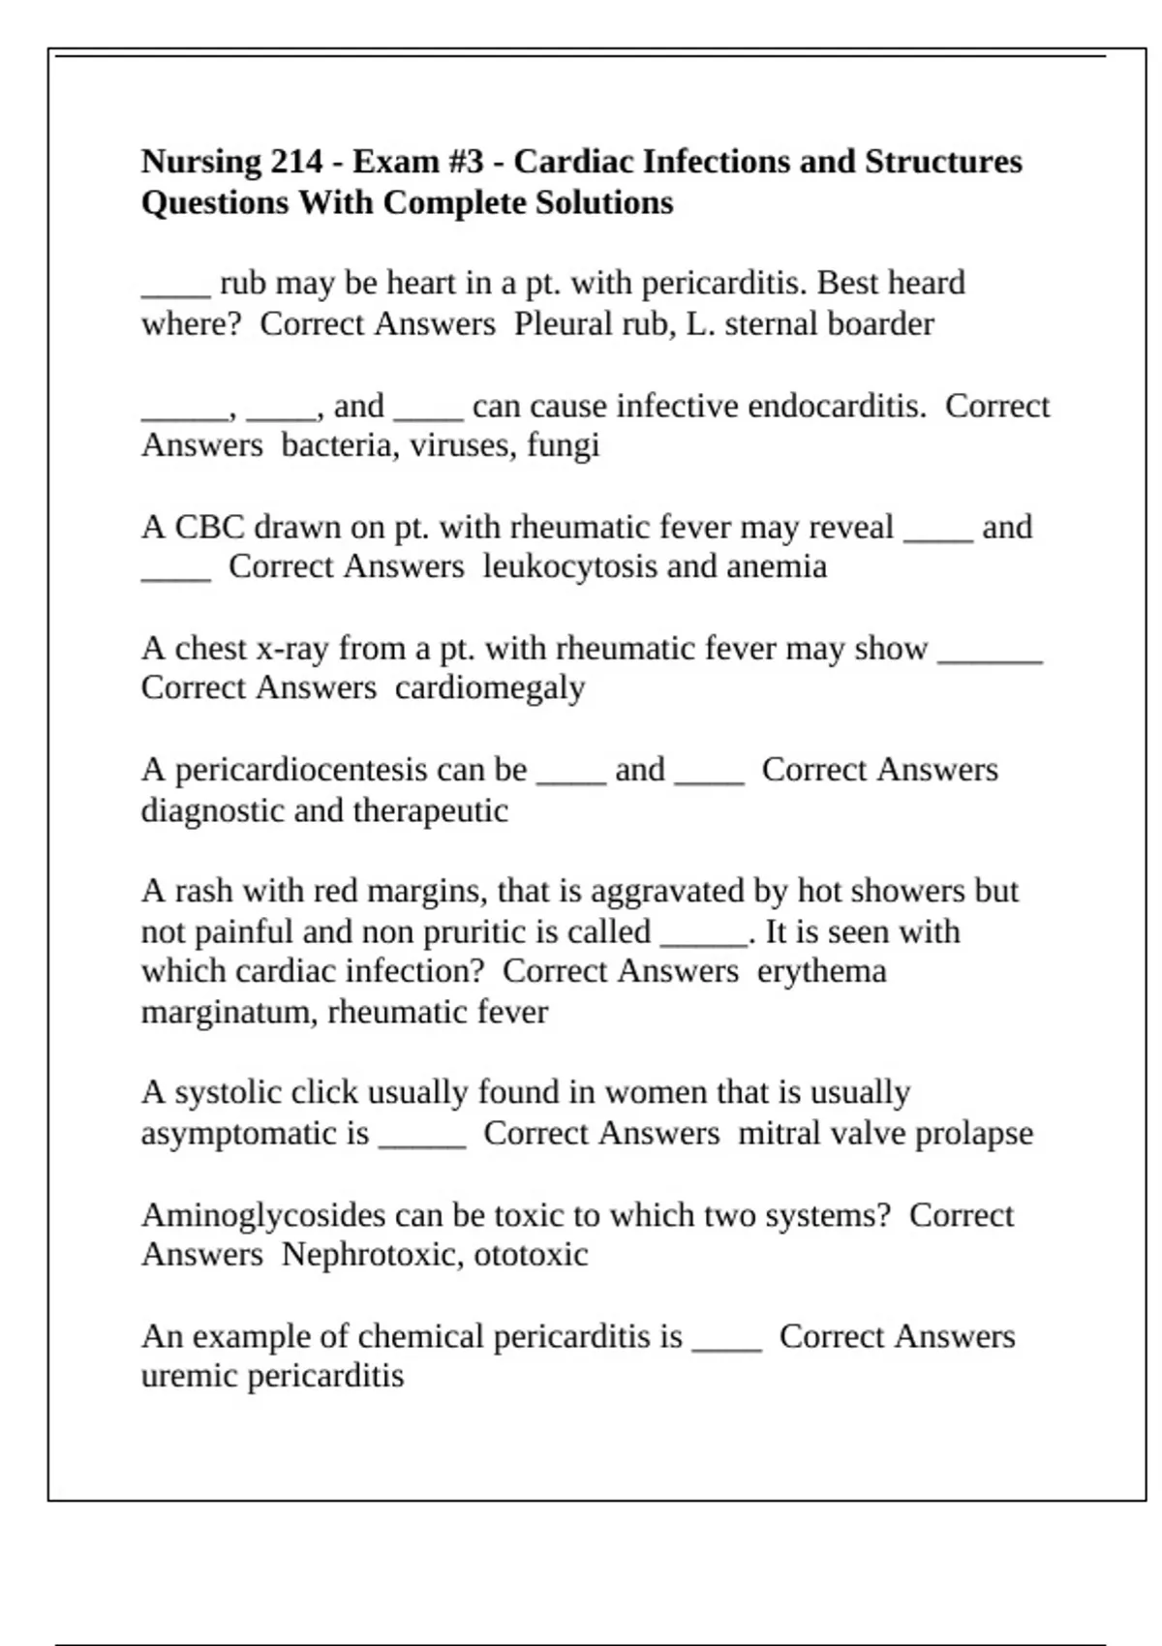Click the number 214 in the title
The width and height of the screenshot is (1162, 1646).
(296, 162)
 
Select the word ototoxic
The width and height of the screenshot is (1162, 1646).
(531, 1255)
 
